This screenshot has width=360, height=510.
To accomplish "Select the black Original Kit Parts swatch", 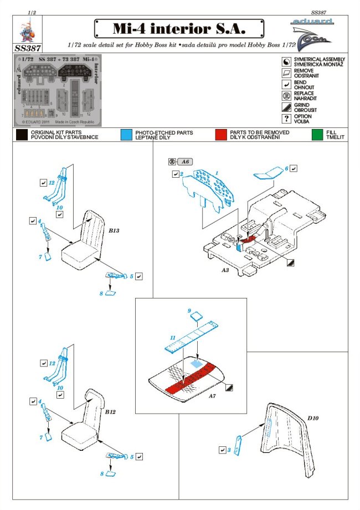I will (x=22, y=135).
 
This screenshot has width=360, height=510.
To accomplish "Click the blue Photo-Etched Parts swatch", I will (x=126, y=135).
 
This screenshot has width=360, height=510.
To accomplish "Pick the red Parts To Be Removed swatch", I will (x=221, y=135).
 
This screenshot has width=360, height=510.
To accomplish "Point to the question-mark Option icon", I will (x=286, y=119).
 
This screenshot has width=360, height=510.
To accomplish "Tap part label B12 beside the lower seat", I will (x=111, y=413).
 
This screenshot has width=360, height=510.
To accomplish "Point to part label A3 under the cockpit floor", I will (x=225, y=271).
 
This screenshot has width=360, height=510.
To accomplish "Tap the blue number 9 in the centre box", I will (x=189, y=311).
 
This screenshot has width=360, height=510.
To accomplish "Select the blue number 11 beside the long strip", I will (x=173, y=337).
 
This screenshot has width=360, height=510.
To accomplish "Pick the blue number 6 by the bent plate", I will (x=286, y=168).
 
